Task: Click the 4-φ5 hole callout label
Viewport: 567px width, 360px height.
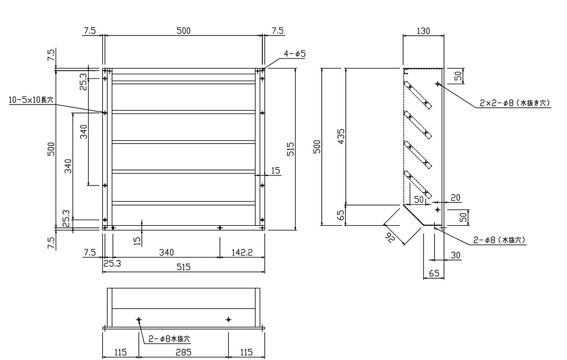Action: pyautogui.click(x=294, y=54)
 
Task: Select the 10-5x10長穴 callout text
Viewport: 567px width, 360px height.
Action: pyautogui.click(x=31, y=100)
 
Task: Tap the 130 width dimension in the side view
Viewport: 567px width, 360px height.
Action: pyautogui.click(x=424, y=31)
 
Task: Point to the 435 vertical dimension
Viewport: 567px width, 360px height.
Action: pyautogui.click(x=341, y=136)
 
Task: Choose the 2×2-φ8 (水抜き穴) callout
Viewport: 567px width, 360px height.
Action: pyautogui.click(x=515, y=103)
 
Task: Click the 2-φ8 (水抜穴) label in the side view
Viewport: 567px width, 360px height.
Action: pyautogui.click(x=500, y=240)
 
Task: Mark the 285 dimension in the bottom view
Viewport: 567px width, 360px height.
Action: pyautogui.click(x=183, y=352)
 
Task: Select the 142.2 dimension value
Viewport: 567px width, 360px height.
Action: pyautogui.click(x=242, y=252)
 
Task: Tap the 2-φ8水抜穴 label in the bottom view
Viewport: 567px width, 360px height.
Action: pyautogui.click(x=170, y=339)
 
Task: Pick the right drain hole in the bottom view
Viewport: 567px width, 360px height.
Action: pyautogui.click(x=228, y=320)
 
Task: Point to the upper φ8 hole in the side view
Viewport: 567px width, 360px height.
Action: pyautogui.click(x=438, y=84)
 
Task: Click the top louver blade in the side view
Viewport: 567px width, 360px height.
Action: pyautogui.click(x=418, y=95)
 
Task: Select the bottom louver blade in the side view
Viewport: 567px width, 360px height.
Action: pyautogui.click(x=418, y=184)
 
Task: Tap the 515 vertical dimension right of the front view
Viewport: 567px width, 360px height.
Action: pyautogui.click(x=291, y=149)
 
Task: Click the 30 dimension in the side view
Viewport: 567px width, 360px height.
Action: pyautogui.click(x=456, y=255)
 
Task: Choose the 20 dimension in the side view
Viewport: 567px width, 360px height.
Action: pyautogui.click(x=456, y=197)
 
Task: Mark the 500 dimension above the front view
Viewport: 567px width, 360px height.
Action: pyautogui.click(x=183, y=31)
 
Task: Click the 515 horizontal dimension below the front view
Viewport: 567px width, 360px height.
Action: pyautogui.click(x=183, y=267)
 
